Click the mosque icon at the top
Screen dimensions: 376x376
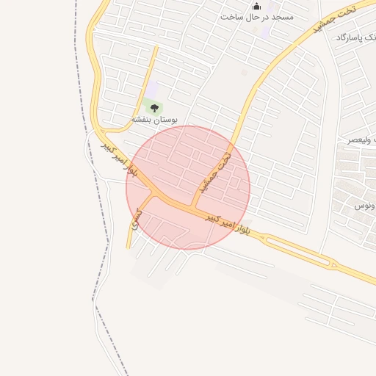pyautogui.click(x=256, y=6)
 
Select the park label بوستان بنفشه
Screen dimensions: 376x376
pyautogui.click(x=155, y=119)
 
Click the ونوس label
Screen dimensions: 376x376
pyautogui.click(x=364, y=206)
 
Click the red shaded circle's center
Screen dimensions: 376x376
pyautogui.click(x=188, y=187)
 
